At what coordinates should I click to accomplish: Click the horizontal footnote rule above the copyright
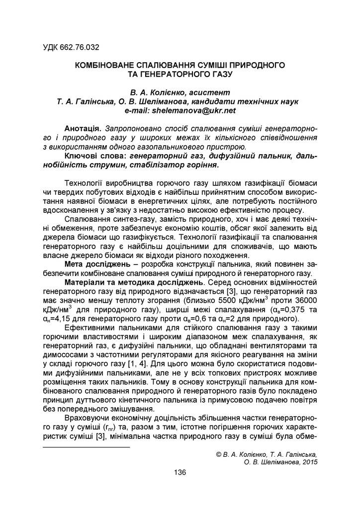click(87, 446)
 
